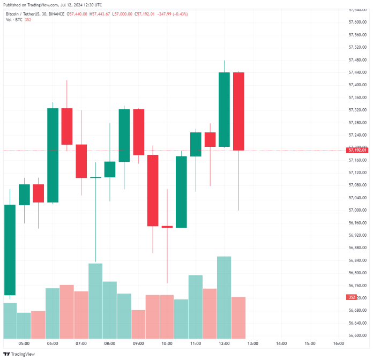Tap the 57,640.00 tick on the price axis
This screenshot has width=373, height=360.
click(x=357, y=10)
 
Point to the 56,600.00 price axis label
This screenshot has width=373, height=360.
click(x=357, y=335)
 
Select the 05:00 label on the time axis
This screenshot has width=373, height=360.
click(x=24, y=343)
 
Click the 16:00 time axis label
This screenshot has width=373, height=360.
click(x=338, y=343)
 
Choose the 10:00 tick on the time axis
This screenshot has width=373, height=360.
click(x=167, y=343)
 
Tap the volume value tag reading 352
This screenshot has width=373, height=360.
click(x=352, y=297)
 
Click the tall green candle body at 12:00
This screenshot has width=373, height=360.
click(x=224, y=109)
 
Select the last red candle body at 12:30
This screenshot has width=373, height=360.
click(x=238, y=111)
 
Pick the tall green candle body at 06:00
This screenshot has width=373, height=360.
click(x=53, y=155)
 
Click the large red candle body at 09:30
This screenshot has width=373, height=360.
click(x=153, y=190)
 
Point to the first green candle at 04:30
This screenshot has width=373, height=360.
click(x=10, y=250)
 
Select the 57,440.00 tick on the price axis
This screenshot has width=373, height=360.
click(x=357, y=72)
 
